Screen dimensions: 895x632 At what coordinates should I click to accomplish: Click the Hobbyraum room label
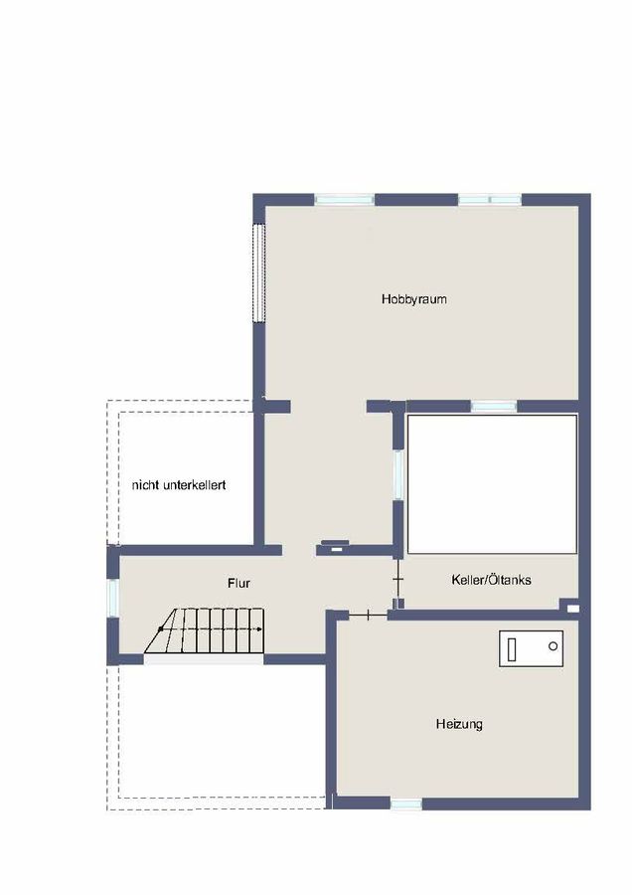point(413,298)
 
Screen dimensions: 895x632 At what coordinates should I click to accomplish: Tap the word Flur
point(238,584)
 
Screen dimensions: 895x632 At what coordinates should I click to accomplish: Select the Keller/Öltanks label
point(491,579)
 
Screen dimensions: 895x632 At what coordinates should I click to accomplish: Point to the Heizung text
point(459,724)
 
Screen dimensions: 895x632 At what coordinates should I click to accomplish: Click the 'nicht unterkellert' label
point(179,485)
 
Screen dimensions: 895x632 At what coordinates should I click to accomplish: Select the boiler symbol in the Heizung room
point(531,648)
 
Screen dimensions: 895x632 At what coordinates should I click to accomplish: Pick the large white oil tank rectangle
point(492,483)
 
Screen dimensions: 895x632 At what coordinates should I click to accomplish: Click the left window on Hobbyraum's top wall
point(344,200)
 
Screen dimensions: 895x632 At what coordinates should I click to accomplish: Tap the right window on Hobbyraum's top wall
point(489,200)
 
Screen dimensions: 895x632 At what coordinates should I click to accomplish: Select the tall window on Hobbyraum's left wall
point(258,272)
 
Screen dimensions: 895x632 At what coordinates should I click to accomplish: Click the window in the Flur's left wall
point(112,597)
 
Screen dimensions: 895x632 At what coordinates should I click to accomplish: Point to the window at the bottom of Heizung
point(405,804)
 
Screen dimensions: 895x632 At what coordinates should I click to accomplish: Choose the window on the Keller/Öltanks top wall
point(493,406)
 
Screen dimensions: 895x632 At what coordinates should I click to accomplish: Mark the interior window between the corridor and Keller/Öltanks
point(397,474)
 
